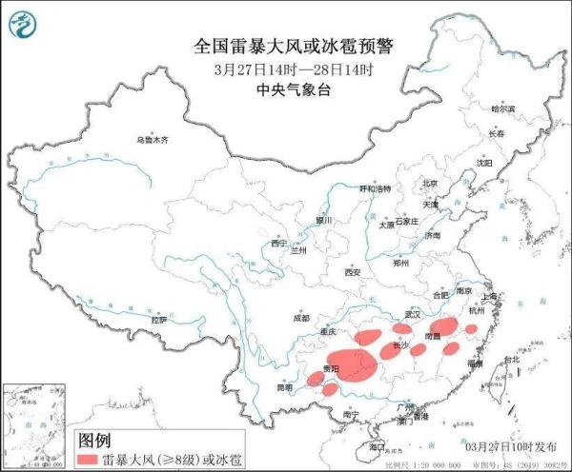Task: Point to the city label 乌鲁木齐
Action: pos(152,140)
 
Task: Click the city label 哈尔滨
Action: pos(502,109)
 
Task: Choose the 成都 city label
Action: pos(301,319)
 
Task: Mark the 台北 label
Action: pos(512,360)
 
